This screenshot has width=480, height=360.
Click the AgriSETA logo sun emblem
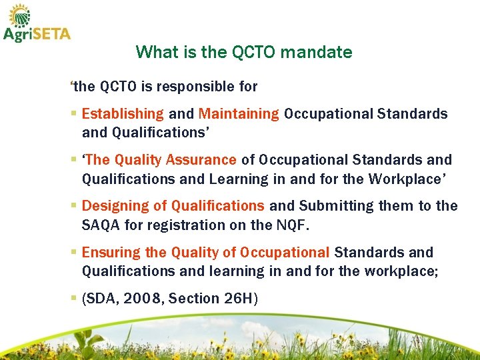[x=19, y=14]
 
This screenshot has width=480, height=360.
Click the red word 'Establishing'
[x=122, y=114]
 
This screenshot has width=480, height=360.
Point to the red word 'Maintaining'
[x=239, y=114]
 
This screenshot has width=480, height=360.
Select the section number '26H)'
[x=241, y=299]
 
